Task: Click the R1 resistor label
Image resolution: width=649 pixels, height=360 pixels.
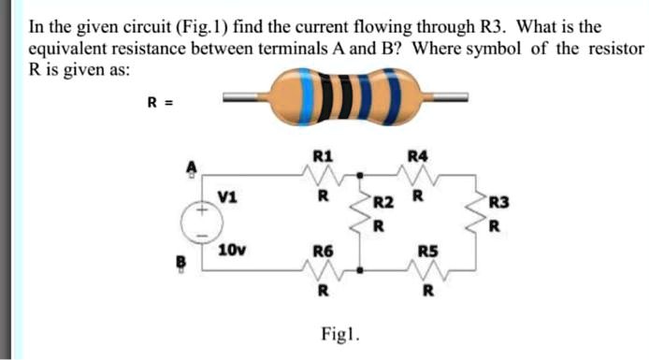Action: [322, 156]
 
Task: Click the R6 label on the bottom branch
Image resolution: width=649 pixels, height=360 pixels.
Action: [322, 251]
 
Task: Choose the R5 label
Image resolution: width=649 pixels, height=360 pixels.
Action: [426, 251]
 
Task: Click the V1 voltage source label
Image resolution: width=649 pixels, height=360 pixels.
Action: [225, 195]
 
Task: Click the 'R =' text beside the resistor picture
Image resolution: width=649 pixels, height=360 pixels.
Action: [156, 102]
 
